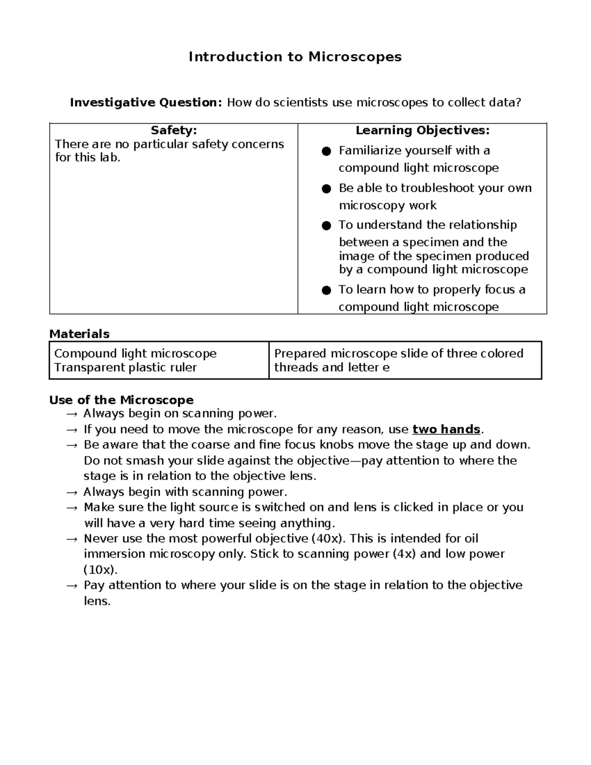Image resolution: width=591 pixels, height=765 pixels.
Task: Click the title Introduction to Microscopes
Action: [295, 57]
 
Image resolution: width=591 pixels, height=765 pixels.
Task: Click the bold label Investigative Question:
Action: [146, 102]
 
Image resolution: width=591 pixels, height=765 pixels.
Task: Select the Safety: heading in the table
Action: [173, 131]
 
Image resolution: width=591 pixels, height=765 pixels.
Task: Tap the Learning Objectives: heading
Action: [423, 131]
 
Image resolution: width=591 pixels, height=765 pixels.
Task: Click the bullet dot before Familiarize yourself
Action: [326, 151]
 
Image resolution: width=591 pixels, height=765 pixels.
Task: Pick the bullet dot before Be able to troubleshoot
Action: [326, 189]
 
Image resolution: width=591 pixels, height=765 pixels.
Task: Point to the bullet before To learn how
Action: [326, 290]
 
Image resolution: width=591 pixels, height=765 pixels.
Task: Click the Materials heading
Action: [79, 334]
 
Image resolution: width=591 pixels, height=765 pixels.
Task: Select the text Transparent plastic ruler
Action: [126, 367]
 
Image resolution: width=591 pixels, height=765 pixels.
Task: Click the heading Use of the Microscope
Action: [121, 400]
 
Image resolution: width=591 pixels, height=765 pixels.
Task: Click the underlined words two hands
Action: [446, 430]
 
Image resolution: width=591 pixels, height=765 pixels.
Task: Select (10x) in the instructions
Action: [100, 570]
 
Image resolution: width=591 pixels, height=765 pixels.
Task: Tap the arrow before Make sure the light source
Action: [72, 508]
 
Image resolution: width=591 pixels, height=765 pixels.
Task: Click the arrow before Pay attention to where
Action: [72, 586]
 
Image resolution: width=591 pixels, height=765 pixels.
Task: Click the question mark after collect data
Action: [518, 102]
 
